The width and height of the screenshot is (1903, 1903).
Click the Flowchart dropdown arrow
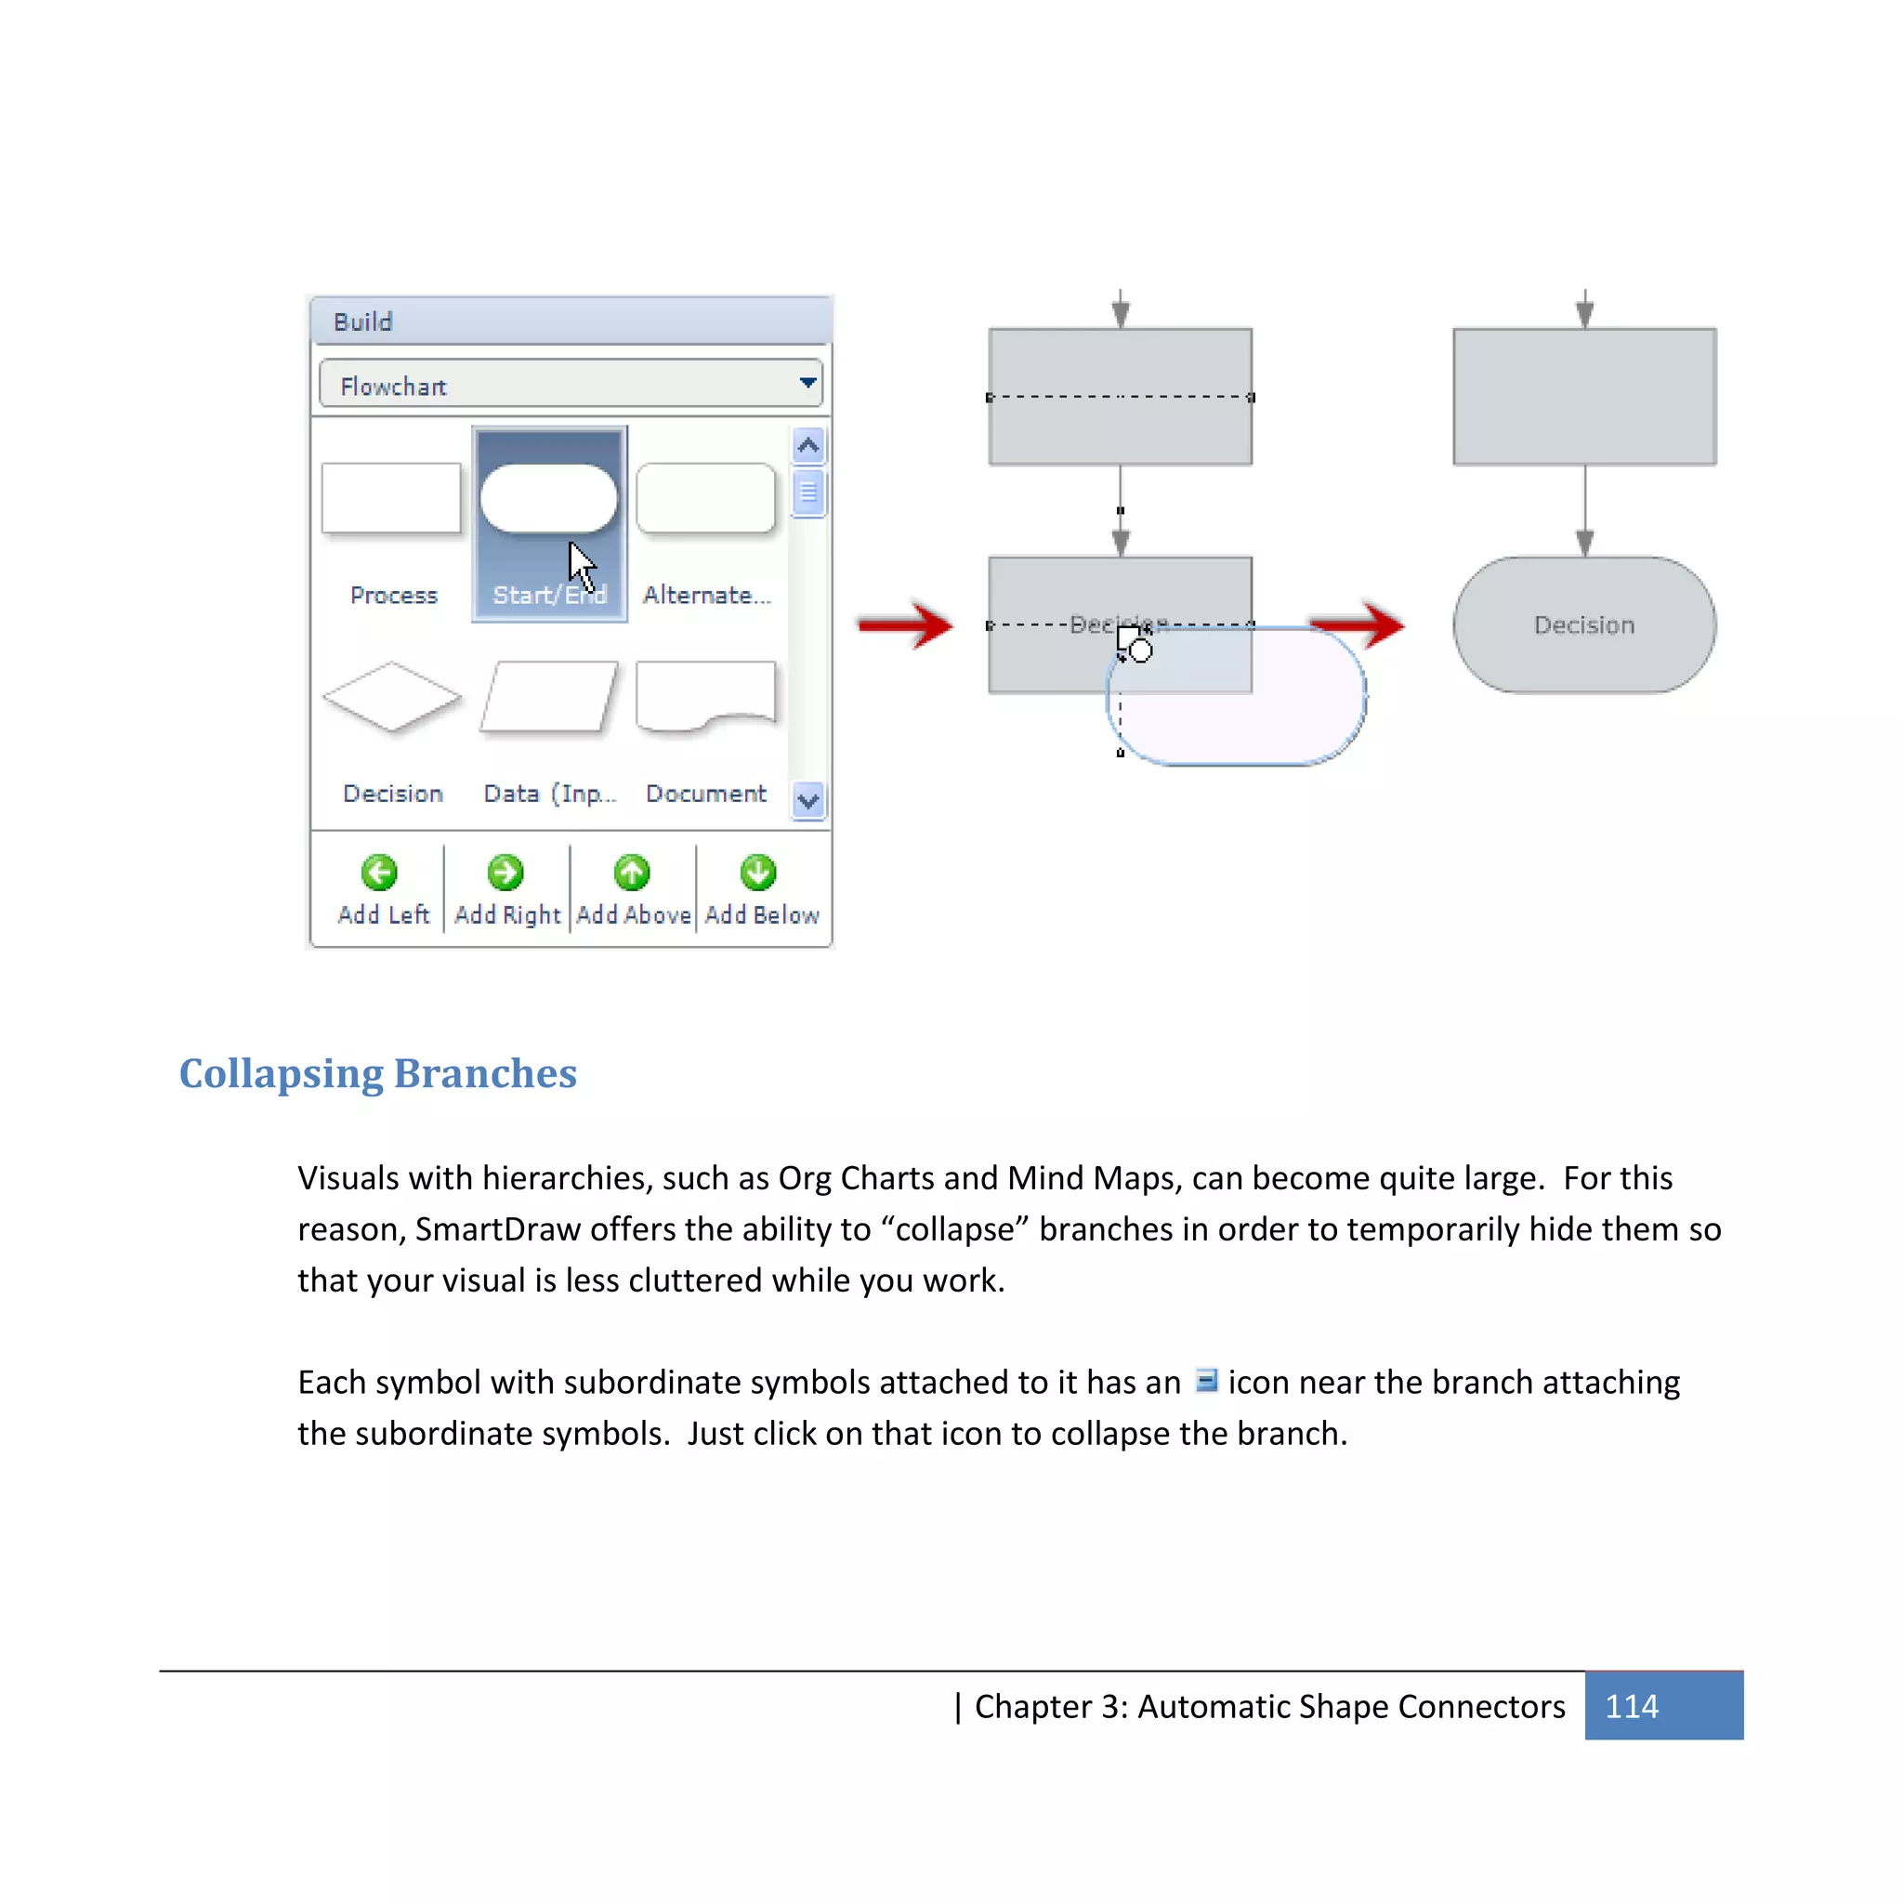(807, 382)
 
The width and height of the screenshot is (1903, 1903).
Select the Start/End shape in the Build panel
(548, 499)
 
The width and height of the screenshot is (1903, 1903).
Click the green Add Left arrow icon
(379, 872)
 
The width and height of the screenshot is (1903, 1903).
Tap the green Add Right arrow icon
(505, 872)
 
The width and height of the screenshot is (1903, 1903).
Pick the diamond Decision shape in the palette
(391, 696)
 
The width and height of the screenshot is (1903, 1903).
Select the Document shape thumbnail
(705, 696)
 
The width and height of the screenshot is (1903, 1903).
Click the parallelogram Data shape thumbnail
(548, 696)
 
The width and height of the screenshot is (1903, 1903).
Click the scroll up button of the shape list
(807, 445)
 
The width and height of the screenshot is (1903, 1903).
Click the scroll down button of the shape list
(807, 801)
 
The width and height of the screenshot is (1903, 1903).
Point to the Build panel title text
(362, 322)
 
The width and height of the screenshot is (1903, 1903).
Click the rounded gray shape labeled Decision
(1584, 624)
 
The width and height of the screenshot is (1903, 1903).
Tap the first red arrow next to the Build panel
(904, 624)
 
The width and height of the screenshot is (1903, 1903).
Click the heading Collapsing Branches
(377, 1072)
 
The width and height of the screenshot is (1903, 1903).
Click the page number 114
(1631, 1706)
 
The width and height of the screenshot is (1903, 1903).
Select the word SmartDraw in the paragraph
(497, 1229)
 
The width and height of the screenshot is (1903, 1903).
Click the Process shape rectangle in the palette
(391, 498)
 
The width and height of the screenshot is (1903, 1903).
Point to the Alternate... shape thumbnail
(705, 498)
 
